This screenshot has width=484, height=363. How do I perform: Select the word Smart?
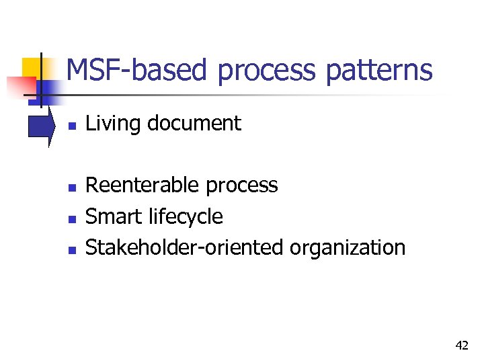pos(111,216)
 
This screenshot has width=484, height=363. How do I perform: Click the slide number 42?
pos(462,346)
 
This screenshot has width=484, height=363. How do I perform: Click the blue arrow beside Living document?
pos(42,126)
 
